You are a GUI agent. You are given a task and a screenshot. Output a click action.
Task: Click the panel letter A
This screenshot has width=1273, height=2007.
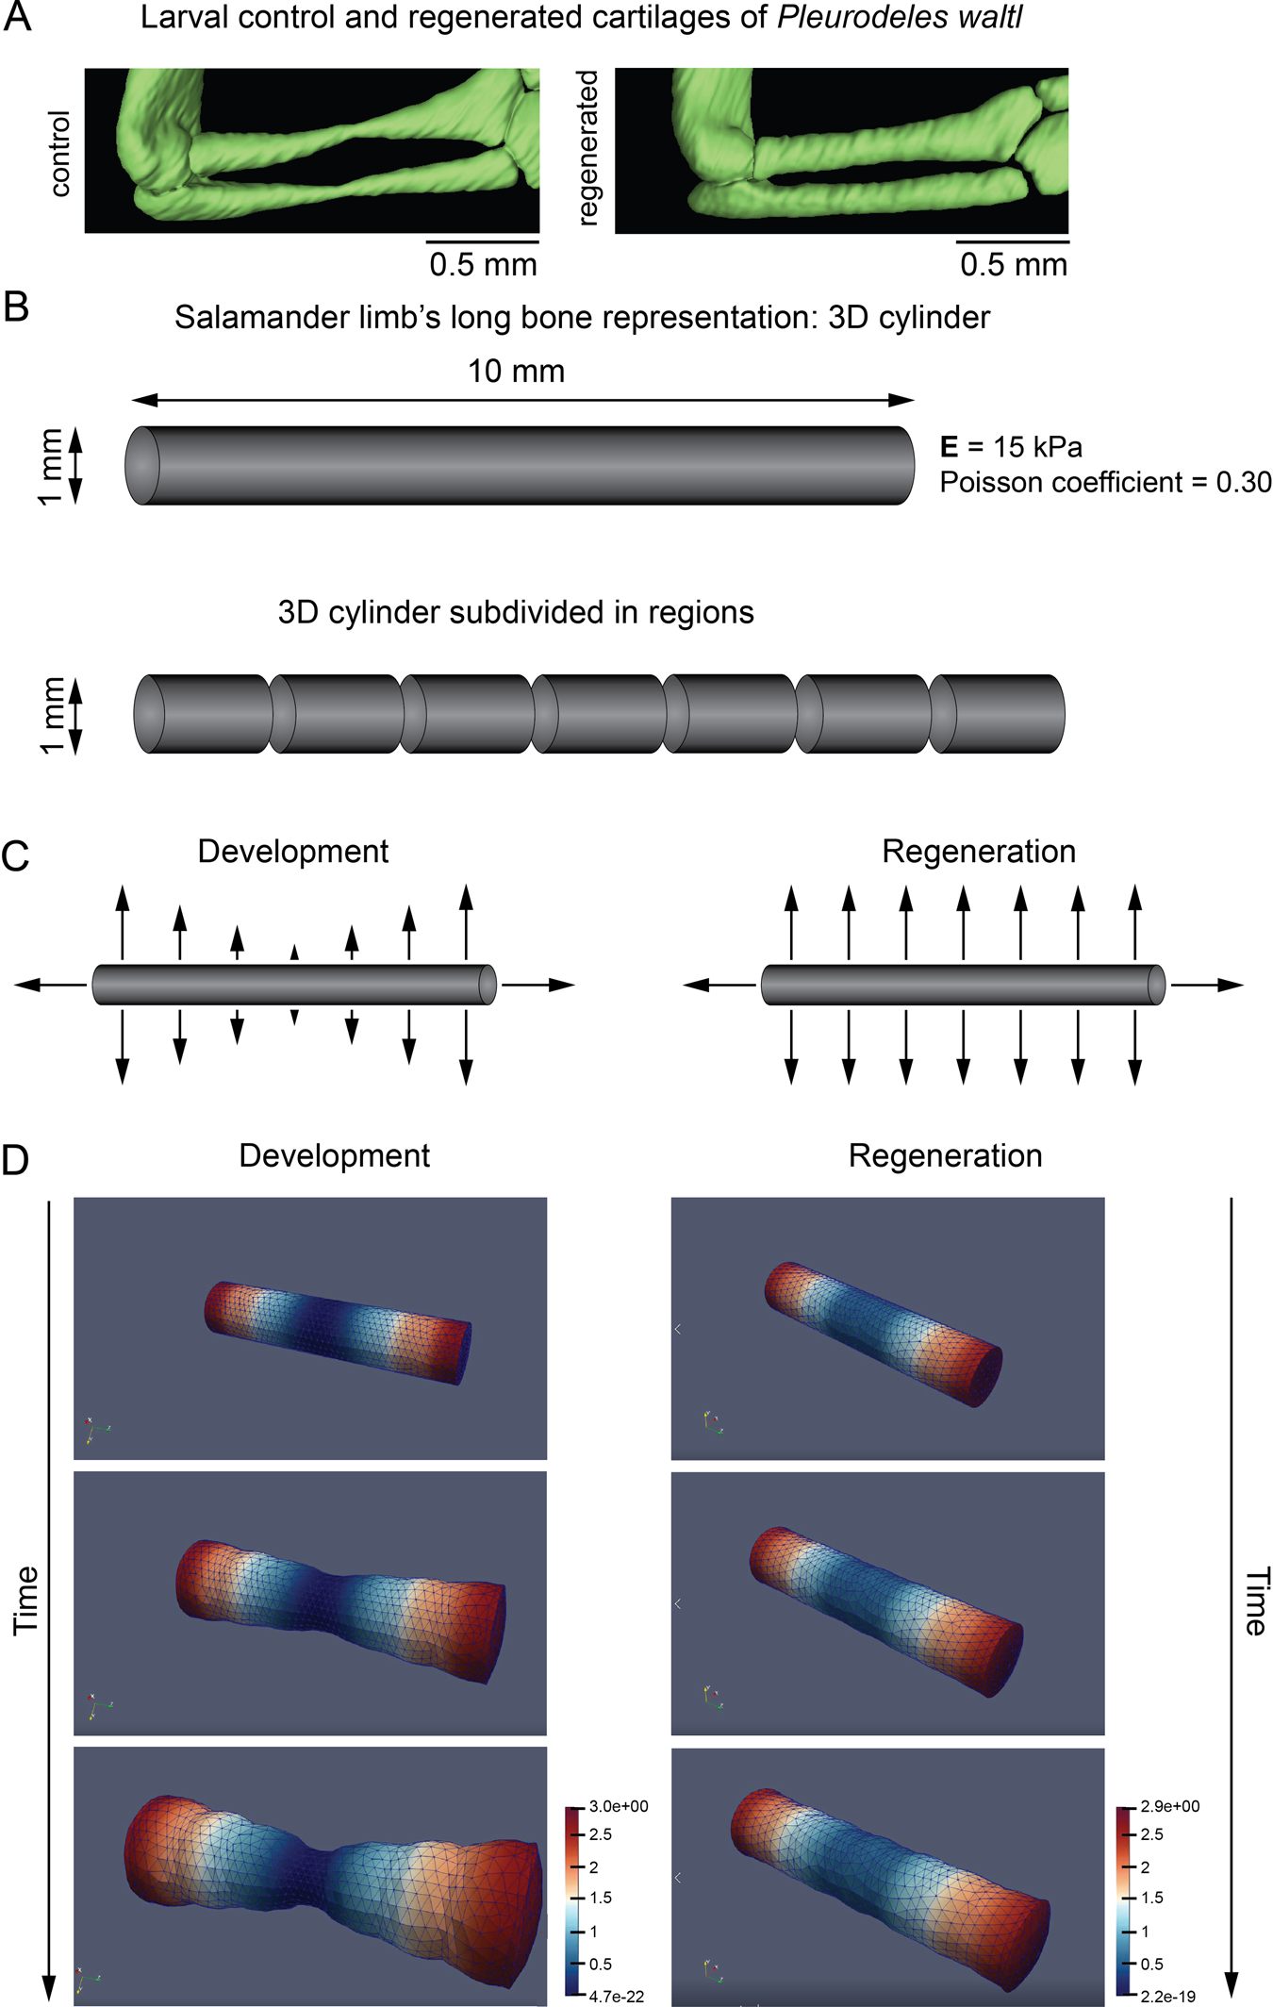(17, 19)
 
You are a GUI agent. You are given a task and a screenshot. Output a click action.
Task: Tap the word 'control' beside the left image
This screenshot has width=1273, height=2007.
(59, 153)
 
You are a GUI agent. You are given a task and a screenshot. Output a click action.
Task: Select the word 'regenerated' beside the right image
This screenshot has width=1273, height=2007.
(587, 149)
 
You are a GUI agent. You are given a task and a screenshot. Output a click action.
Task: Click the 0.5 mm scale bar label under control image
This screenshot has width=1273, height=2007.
(483, 265)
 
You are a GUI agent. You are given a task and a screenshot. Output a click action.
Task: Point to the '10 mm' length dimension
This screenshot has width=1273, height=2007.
(516, 372)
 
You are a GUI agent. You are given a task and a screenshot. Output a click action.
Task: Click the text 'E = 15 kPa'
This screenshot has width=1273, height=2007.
(1011, 447)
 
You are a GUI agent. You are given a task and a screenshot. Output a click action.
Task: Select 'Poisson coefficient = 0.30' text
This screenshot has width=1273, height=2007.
(1105, 483)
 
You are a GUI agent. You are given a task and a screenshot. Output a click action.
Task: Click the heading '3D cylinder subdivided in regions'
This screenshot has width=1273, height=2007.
(516, 613)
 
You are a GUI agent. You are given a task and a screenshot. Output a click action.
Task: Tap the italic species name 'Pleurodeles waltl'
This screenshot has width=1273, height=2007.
(899, 18)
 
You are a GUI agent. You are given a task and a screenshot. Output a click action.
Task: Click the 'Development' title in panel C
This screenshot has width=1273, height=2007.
(292, 852)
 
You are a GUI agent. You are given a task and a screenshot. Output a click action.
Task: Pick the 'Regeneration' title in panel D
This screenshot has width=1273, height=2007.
(945, 1156)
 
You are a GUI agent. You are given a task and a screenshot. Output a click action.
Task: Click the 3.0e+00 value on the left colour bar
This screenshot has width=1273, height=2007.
(619, 1806)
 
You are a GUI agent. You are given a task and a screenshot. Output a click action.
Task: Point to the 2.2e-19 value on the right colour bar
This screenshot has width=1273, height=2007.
(1167, 1996)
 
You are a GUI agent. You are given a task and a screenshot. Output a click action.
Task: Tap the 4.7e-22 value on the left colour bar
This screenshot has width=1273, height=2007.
(616, 1996)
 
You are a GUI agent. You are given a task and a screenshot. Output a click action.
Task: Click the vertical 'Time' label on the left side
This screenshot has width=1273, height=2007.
(25, 1600)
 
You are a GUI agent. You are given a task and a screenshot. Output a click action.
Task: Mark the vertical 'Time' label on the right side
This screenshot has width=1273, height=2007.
(1256, 1601)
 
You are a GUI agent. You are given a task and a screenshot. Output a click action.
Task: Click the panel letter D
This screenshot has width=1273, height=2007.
(16, 1160)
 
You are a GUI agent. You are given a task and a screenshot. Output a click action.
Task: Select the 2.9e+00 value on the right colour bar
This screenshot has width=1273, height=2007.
(1169, 1806)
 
